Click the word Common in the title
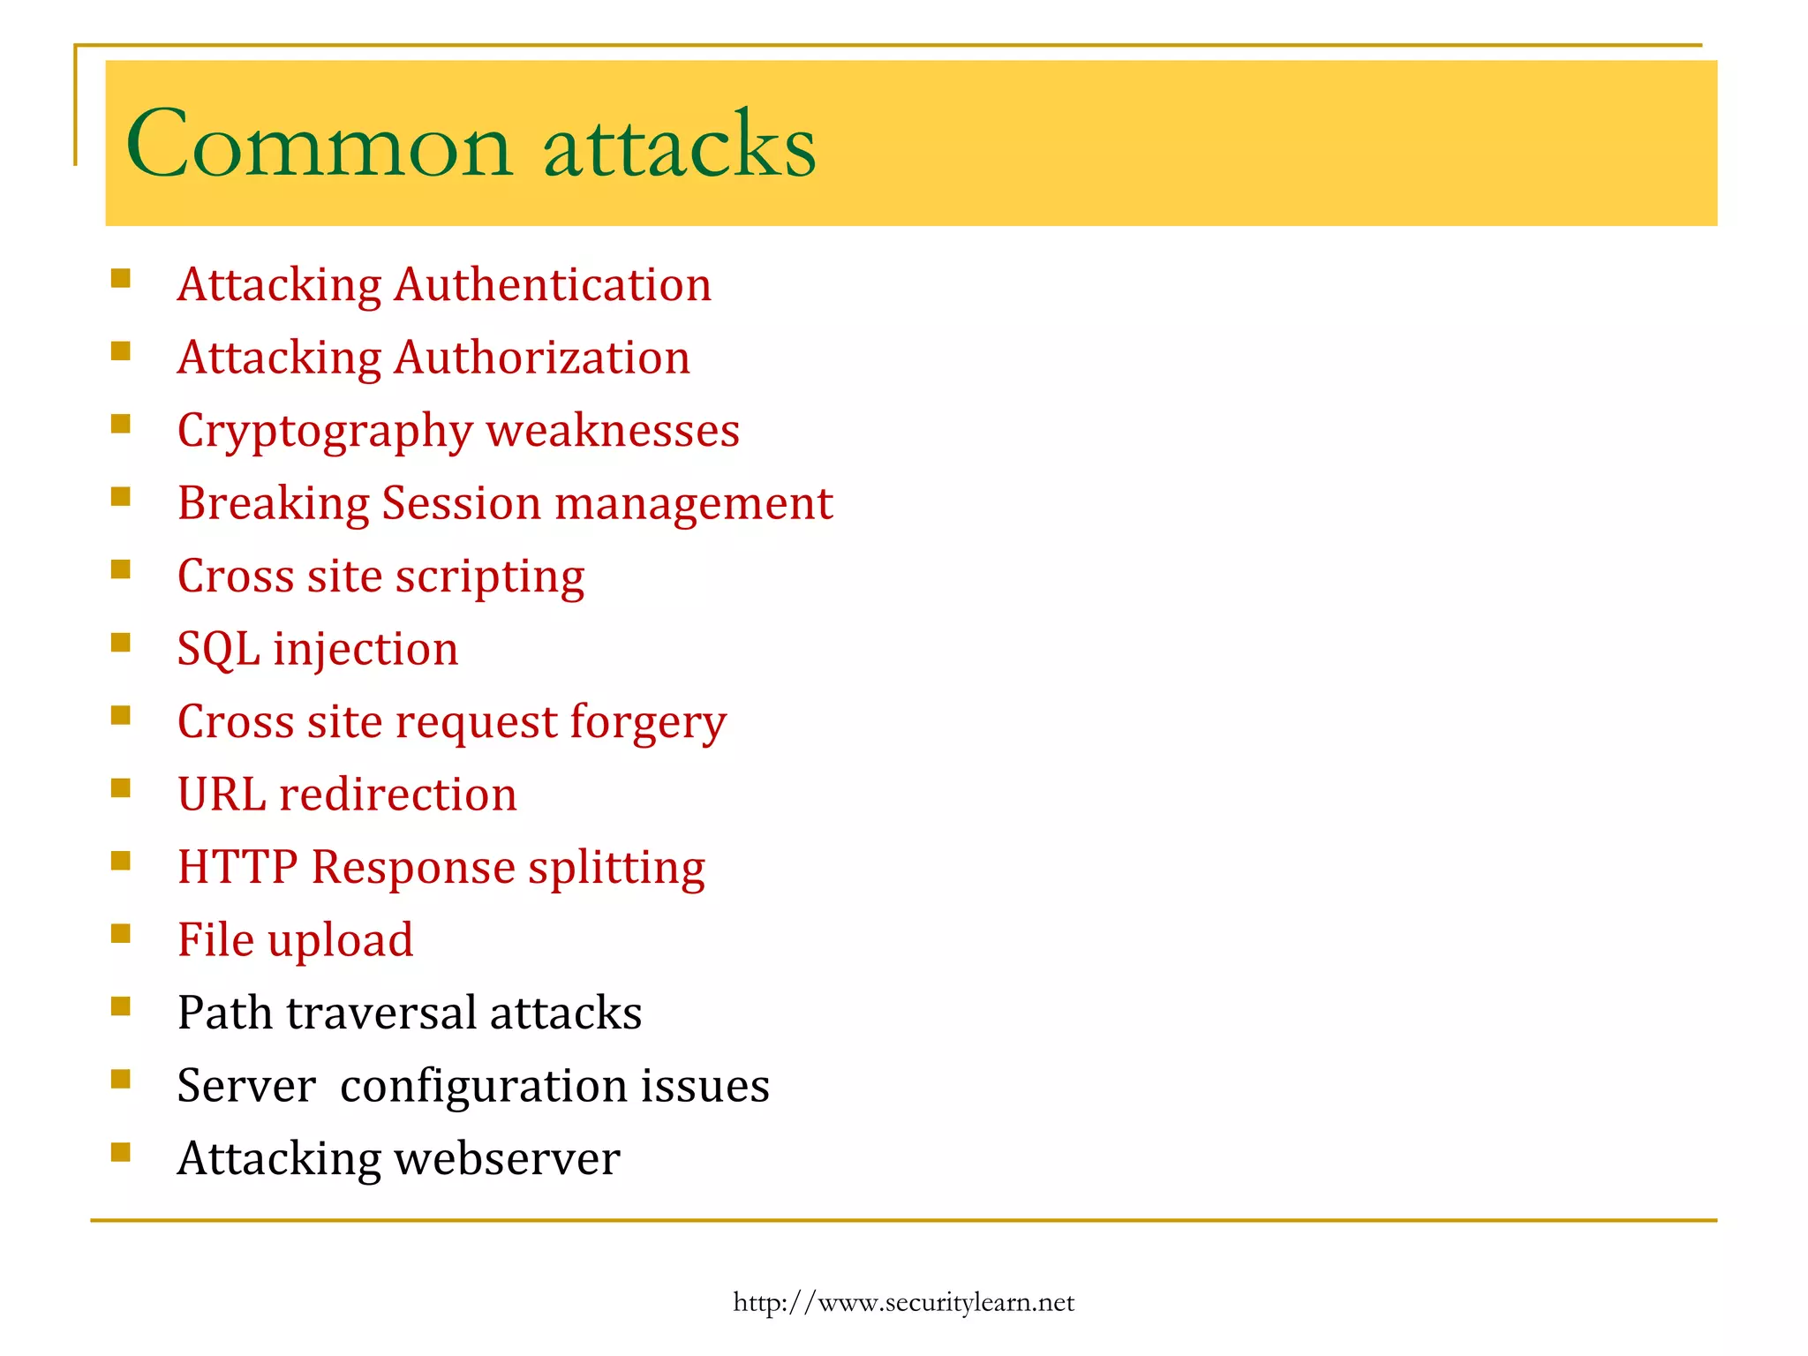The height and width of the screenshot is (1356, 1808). click(x=319, y=144)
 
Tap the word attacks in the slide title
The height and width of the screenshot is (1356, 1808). click(x=679, y=144)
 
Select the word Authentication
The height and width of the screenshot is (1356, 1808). click(x=553, y=285)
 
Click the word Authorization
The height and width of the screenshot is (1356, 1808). click(x=542, y=358)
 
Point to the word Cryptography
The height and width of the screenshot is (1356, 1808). click(x=325, y=432)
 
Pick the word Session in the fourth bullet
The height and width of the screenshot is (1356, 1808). click(x=461, y=503)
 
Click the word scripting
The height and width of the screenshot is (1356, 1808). click(x=490, y=577)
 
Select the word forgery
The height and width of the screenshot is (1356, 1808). click(x=648, y=723)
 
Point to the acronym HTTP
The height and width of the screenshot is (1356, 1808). click(x=237, y=867)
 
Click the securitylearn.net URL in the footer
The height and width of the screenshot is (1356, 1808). click(x=903, y=1302)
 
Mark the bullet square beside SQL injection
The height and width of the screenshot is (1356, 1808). click(x=121, y=642)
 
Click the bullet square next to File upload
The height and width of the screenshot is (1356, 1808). click(x=121, y=933)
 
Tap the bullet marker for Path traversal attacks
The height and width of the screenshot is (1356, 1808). click(x=121, y=1006)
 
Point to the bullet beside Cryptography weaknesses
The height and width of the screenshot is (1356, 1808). click(x=121, y=424)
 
